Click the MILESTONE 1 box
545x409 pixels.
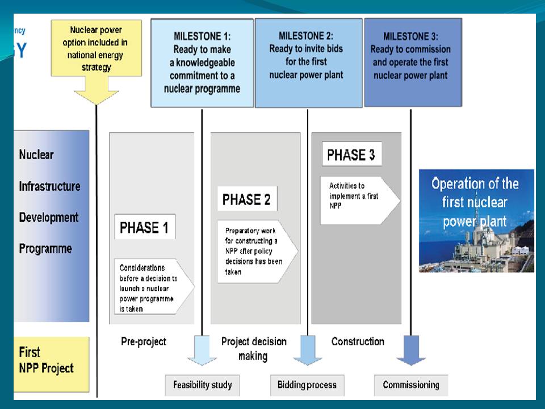[202, 62]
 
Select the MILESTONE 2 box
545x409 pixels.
[308, 62]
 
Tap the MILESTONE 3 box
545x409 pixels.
[412, 62]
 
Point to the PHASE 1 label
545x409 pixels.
[144, 227]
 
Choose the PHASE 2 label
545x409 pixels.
[246, 199]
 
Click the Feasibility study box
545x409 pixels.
[203, 385]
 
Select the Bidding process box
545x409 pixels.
[307, 385]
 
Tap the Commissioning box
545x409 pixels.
[411, 385]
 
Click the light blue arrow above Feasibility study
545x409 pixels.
[202, 350]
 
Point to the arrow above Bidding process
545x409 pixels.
[308, 350]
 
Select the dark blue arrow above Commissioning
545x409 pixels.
[411, 350]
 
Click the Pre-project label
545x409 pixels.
[144, 341]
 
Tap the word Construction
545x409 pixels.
[358, 341]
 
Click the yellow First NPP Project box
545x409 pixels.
[52, 364]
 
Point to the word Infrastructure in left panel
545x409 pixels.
[49, 186]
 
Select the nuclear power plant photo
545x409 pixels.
[476, 220]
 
